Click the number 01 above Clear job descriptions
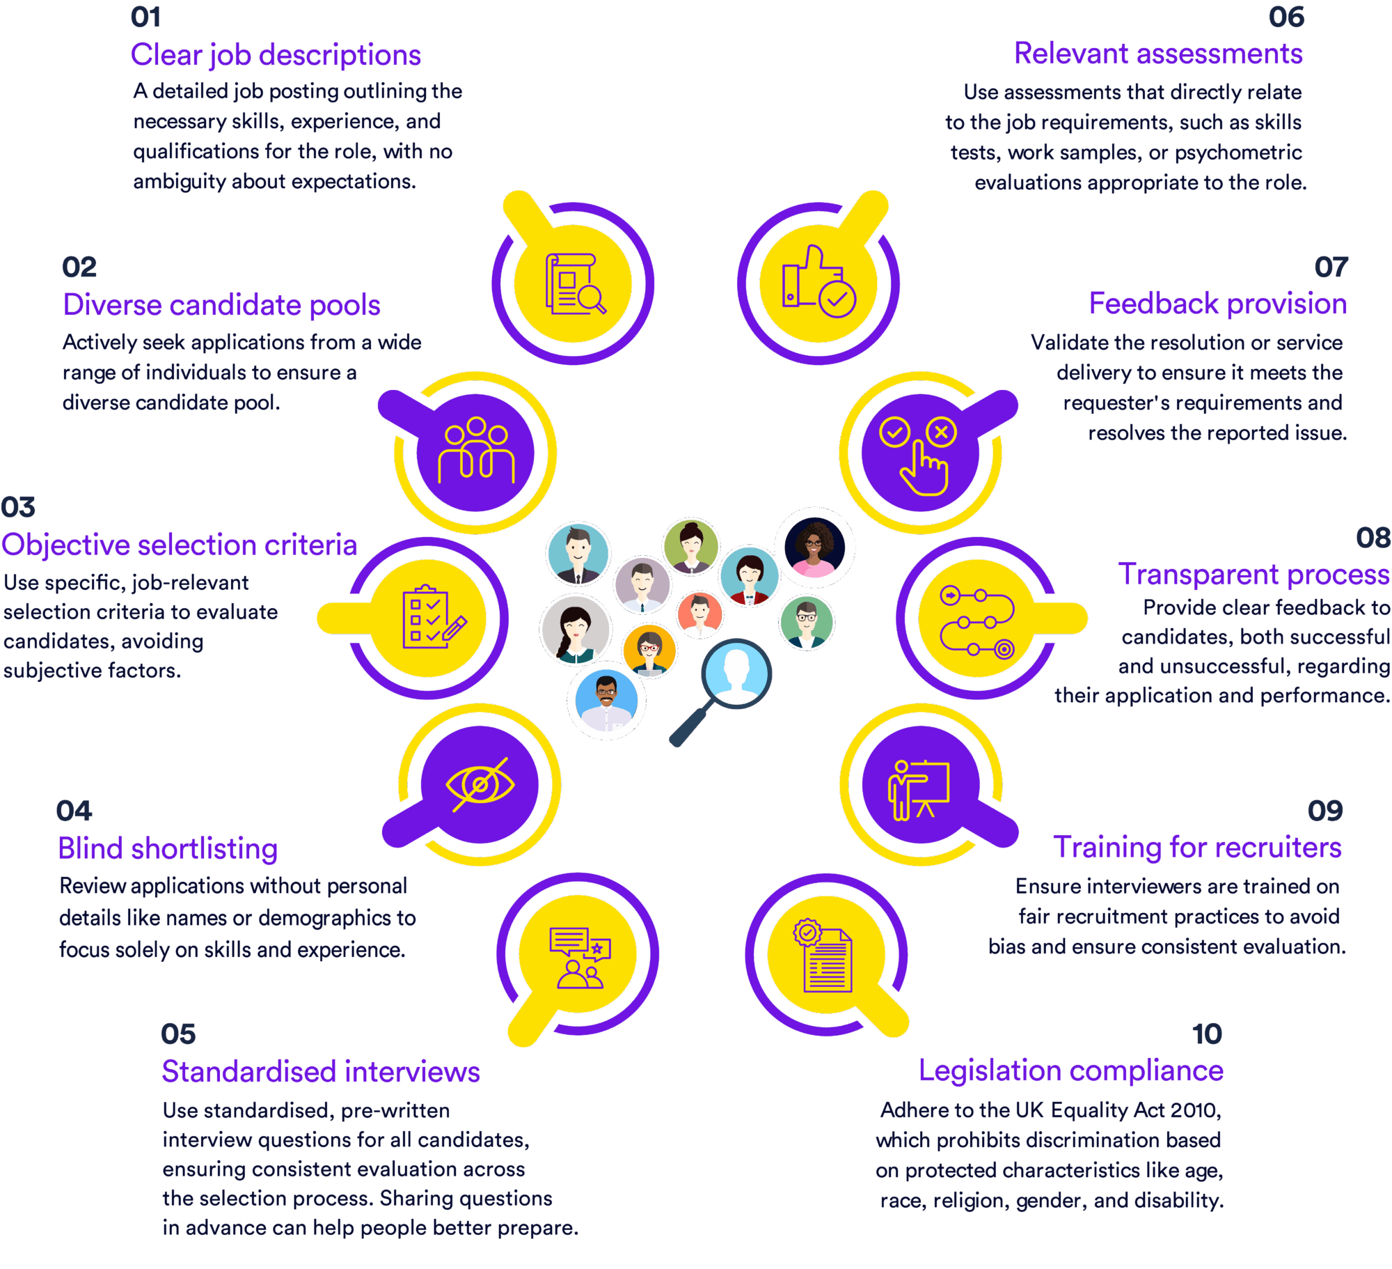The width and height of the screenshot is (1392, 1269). point(146,17)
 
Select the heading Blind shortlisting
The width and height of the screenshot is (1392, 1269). point(168,848)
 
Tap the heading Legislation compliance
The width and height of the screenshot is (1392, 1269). point(1070,1071)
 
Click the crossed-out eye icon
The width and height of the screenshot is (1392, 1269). point(480,785)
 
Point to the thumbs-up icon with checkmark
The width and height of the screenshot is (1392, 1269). point(818,281)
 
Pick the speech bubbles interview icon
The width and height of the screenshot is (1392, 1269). point(580,958)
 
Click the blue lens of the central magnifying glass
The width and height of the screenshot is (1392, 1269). point(736,674)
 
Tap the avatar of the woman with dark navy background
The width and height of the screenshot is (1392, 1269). point(814,547)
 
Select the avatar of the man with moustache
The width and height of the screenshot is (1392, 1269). point(606,701)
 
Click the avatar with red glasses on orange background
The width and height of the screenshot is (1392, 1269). point(649,651)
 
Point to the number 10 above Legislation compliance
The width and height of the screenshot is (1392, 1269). point(1207,1034)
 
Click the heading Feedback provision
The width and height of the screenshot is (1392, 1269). point(1218,304)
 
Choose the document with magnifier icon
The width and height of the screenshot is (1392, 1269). point(575,283)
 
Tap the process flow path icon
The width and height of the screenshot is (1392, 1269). point(977,621)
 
